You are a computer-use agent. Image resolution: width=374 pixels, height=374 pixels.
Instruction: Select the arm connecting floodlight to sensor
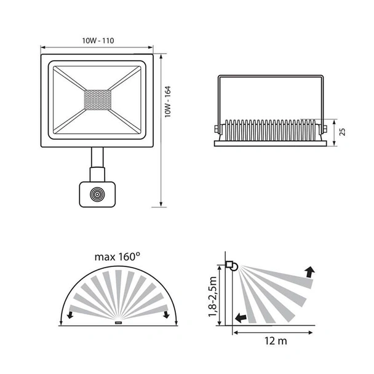(97, 165)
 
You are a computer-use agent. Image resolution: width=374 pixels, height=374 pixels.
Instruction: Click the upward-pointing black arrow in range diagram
(309, 271)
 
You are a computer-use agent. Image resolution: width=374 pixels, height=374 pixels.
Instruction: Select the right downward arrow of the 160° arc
(166, 316)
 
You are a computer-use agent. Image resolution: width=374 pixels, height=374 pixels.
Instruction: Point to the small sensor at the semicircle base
(118, 321)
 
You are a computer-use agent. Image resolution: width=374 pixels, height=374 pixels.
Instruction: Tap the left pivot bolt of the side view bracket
(216, 129)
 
